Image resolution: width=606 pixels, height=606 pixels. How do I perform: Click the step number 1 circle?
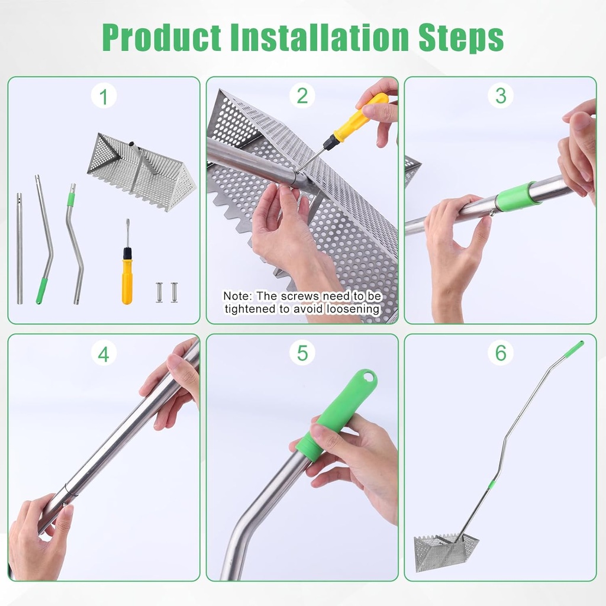tap(104, 96)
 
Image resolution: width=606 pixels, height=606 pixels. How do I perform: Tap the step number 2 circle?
tap(302, 96)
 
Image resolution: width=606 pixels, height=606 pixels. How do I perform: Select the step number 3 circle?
tap(501, 96)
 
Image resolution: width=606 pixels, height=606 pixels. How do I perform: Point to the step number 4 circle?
tap(104, 353)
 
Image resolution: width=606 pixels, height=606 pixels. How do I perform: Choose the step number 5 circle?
tap(302, 353)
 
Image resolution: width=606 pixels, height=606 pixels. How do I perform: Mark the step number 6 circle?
tap(501, 353)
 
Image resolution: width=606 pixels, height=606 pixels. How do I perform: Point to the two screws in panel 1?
tap(166, 292)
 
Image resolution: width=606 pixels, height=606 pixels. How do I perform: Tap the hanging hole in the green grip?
tap(369, 376)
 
